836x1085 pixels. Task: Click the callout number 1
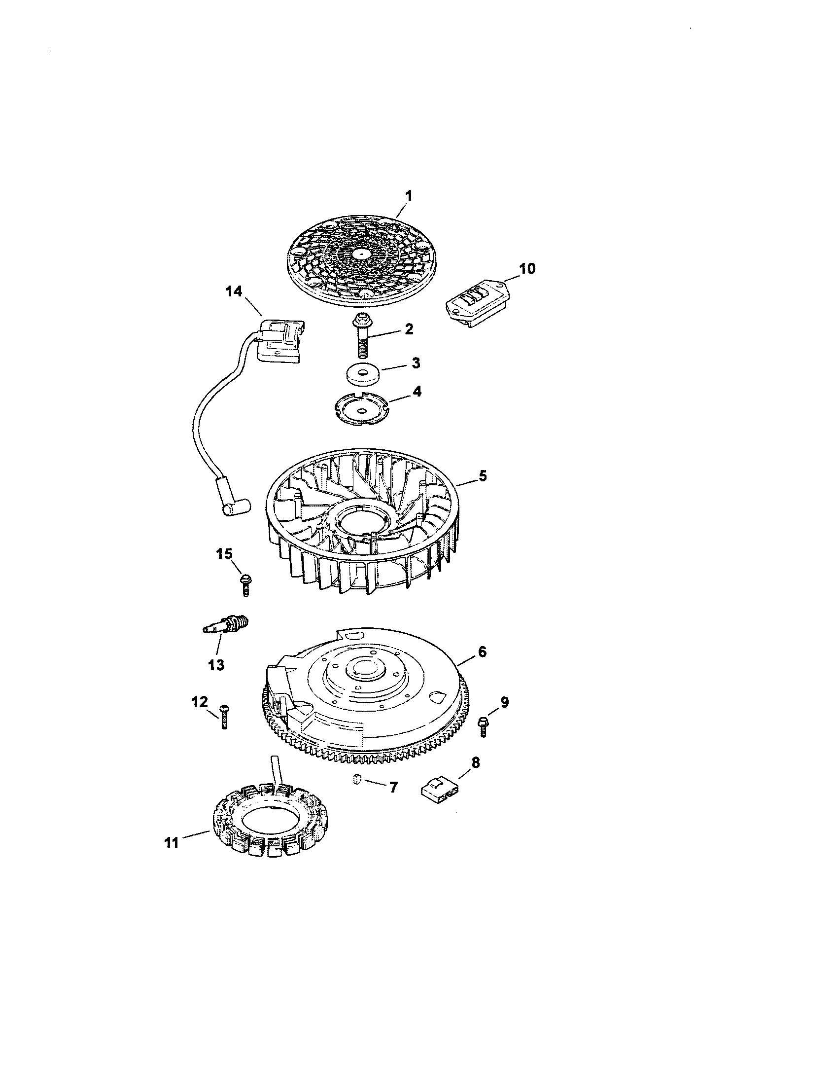[x=408, y=196]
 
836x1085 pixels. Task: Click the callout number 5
[x=483, y=475]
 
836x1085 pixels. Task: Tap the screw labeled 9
[x=482, y=726]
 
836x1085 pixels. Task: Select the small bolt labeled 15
[x=245, y=584]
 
